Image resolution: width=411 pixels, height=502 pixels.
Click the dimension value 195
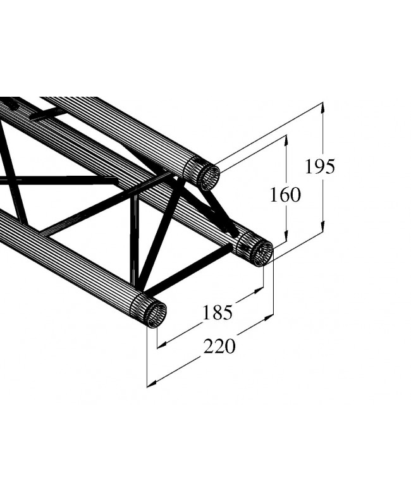(x=319, y=166)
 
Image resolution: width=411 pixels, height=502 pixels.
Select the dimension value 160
(x=285, y=195)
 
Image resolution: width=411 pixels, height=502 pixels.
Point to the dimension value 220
(x=219, y=346)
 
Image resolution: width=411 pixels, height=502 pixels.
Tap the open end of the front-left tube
(x=155, y=314)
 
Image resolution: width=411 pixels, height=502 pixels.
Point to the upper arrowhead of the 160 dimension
(x=288, y=141)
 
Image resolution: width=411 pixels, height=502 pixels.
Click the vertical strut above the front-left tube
(x=134, y=240)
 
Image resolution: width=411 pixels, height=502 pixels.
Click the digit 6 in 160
(x=285, y=195)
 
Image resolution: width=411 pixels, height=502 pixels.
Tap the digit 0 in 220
(x=230, y=346)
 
